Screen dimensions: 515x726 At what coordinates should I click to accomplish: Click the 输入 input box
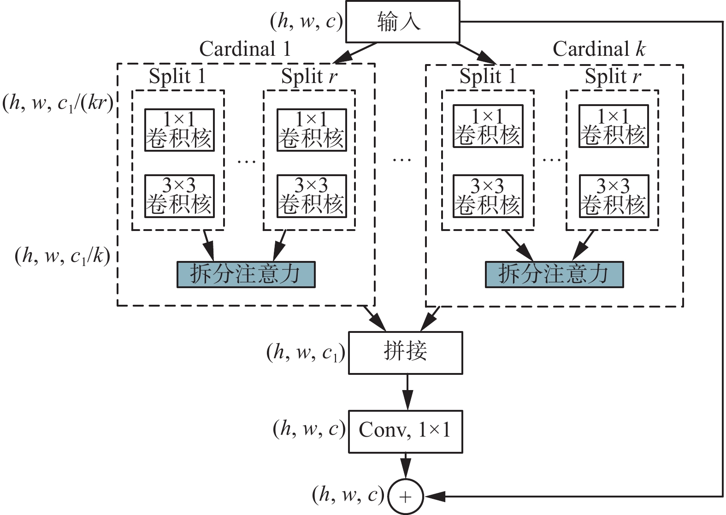point(402,22)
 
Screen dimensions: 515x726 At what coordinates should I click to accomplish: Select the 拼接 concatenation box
point(405,352)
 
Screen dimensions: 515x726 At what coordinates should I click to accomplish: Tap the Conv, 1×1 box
point(405,431)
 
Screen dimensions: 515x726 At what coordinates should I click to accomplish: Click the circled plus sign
point(405,497)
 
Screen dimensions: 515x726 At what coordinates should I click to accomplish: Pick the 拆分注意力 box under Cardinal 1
point(246,274)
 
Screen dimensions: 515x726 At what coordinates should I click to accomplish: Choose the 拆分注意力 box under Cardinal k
point(554,274)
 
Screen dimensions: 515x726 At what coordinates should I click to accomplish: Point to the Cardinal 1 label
point(245,49)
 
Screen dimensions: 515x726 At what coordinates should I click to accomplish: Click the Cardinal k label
point(599,49)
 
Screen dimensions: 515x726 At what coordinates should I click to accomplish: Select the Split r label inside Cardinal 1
point(309,77)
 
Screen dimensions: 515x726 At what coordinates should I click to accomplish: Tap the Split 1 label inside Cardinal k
point(487,76)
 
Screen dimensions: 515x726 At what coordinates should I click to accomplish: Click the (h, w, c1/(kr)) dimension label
point(58,103)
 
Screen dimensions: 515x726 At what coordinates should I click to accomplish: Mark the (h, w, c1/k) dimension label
point(63,256)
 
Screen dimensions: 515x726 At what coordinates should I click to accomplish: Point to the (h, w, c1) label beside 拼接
point(306,353)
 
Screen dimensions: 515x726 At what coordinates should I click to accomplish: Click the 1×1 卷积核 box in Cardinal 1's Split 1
point(179,130)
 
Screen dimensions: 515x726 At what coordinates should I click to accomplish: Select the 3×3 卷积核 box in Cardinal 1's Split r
point(312,196)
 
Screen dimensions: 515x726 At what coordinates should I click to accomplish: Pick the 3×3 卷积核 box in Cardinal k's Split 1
point(488,196)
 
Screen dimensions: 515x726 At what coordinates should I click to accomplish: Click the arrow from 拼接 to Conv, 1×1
point(407,392)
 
